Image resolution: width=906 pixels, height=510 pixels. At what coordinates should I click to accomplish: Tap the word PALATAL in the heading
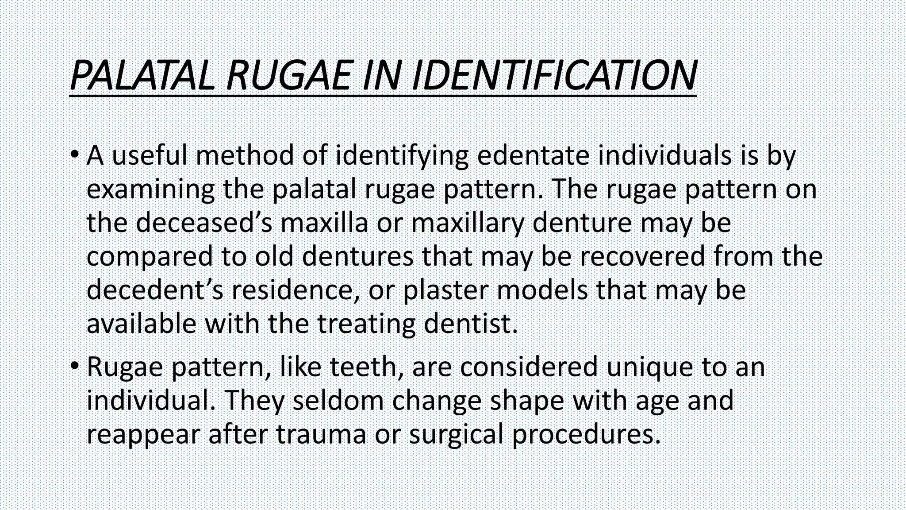142,76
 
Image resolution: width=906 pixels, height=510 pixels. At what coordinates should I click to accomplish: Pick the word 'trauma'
321,434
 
